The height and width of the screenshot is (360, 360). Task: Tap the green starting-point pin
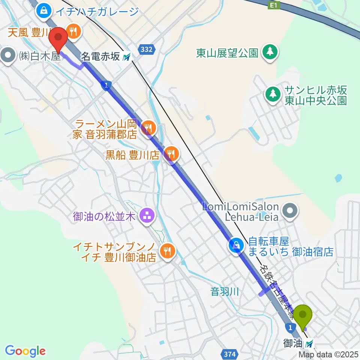[x=303, y=315]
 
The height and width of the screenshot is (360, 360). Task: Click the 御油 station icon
[x=309, y=343]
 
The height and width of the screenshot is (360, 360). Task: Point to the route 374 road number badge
[x=231, y=353]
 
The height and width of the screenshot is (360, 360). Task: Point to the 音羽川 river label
[x=225, y=291]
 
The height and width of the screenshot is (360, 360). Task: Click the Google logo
[x=25, y=351]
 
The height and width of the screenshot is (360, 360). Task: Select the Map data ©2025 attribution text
[x=328, y=354]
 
